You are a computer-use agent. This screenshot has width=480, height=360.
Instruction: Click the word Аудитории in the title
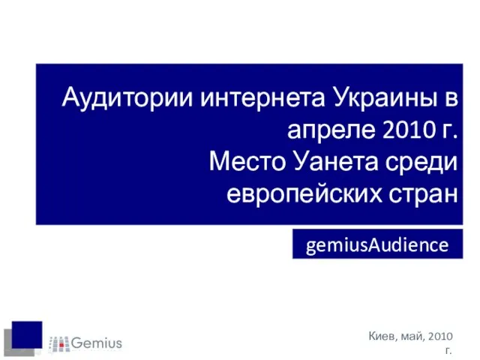[127, 98]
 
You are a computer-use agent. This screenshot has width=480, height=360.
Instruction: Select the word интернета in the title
[262, 98]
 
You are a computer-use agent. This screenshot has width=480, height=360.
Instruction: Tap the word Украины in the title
[385, 98]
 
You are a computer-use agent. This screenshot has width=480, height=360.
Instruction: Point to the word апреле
[331, 130]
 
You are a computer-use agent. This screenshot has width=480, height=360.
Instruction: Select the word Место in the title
[247, 161]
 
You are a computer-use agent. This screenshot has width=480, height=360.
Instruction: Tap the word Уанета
[336, 161]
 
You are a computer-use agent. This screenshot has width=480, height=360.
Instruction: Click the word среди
[421, 162]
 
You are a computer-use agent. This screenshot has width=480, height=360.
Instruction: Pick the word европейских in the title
[304, 193]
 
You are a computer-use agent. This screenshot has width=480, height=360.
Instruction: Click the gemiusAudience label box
[377, 244]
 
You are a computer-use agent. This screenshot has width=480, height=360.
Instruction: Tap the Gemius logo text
[97, 343]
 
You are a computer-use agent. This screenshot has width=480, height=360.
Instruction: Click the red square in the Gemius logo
[61, 345]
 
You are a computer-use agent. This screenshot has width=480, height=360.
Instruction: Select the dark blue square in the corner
[27, 334]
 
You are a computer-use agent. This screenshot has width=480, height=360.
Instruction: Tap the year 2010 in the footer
[441, 336]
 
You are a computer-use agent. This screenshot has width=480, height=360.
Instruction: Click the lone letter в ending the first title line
[451, 98]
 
